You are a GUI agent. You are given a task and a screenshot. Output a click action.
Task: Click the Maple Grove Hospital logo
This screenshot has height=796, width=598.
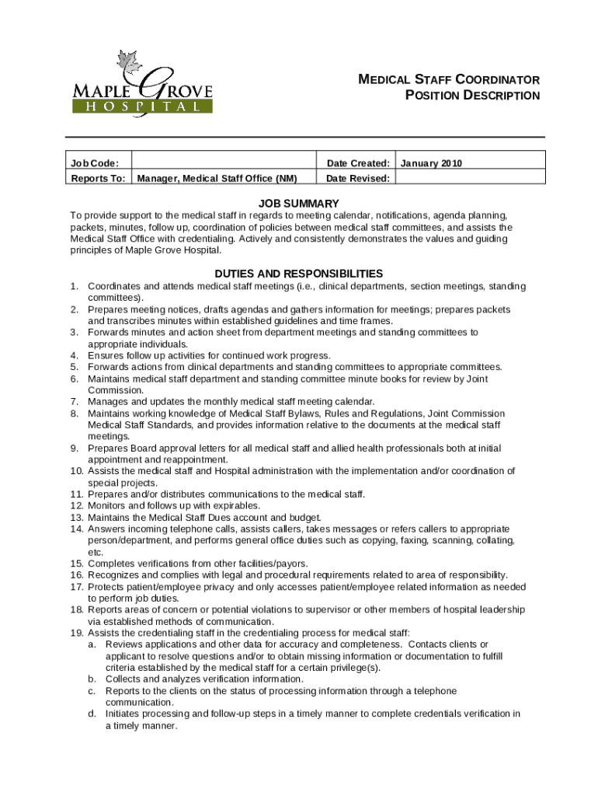click(x=141, y=86)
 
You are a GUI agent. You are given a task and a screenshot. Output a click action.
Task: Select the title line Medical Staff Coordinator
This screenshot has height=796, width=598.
click(x=448, y=80)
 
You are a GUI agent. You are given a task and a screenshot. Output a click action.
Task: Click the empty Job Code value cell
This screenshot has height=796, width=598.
click(x=224, y=163)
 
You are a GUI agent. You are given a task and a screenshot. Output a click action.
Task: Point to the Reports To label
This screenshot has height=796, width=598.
click(x=98, y=179)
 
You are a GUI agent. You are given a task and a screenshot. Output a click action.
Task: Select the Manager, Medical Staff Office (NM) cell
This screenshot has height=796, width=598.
click(x=217, y=179)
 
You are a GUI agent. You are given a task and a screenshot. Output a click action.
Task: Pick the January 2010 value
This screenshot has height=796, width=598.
click(x=432, y=163)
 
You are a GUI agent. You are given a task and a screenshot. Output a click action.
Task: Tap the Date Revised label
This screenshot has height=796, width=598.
click(x=358, y=179)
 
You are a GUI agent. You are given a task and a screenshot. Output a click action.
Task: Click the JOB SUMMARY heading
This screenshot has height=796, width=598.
click(x=299, y=204)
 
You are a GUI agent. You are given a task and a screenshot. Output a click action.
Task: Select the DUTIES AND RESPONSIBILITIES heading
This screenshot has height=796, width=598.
click(x=299, y=274)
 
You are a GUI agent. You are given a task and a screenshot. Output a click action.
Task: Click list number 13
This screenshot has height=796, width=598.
click(x=76, y=518)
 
